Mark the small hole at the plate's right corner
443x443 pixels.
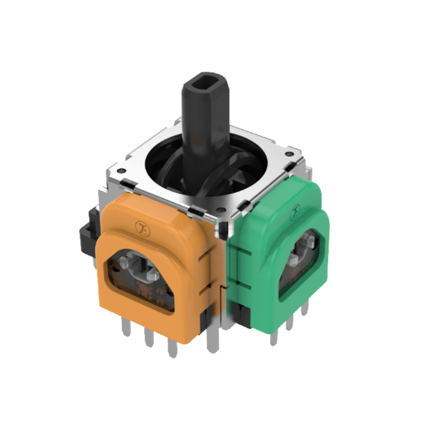289,154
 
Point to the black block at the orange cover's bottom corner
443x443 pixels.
205,321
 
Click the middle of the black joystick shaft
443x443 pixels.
204,133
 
